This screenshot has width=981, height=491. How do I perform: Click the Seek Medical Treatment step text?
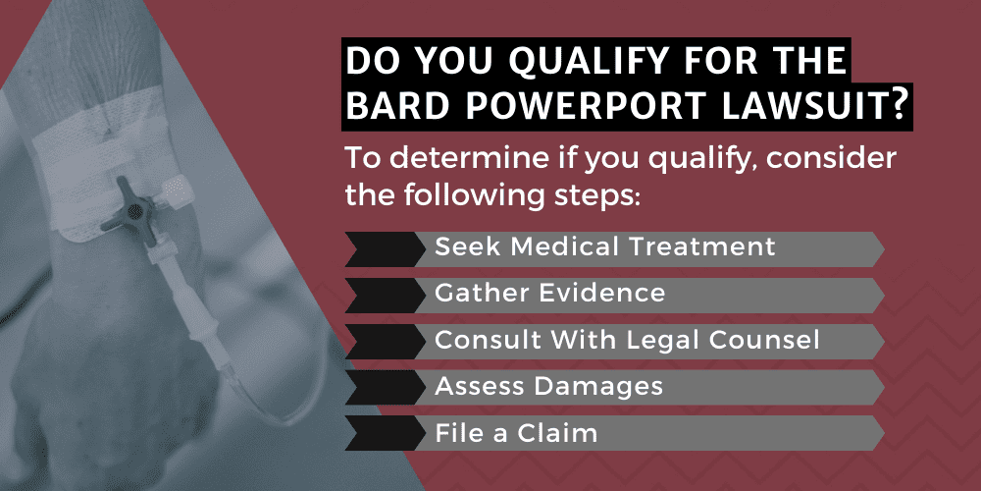605,246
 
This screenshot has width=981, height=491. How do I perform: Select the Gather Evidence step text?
550,293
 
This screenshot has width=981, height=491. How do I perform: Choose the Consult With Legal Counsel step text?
627,339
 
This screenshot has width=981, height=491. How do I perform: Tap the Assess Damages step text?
548,385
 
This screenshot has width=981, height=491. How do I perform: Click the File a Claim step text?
516,431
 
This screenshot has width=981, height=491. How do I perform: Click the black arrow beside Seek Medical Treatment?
386,249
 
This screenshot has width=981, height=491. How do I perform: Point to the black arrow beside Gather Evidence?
386,296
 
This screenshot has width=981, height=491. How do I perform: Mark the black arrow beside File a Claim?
386,433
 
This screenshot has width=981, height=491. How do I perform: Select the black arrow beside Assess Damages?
386,387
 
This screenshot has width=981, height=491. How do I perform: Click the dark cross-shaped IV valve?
133,210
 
